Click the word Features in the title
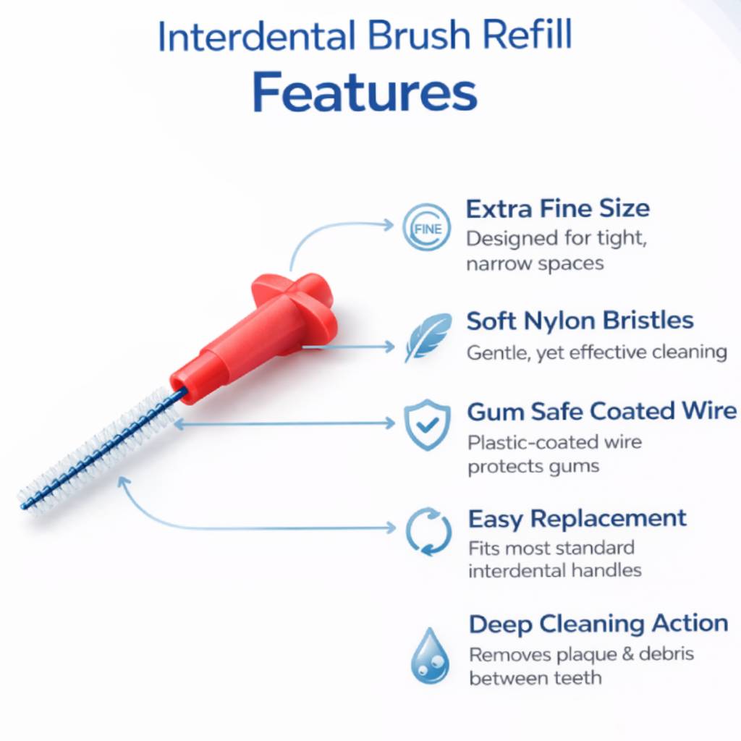coord(365,92)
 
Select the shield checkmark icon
coord(426,424)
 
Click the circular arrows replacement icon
coord(428,530)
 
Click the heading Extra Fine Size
coord(557,208)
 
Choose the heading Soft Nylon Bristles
coord(580,321)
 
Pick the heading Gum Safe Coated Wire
coord(601,411)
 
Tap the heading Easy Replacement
coord(577,518)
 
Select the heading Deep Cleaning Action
coord(598,623)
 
